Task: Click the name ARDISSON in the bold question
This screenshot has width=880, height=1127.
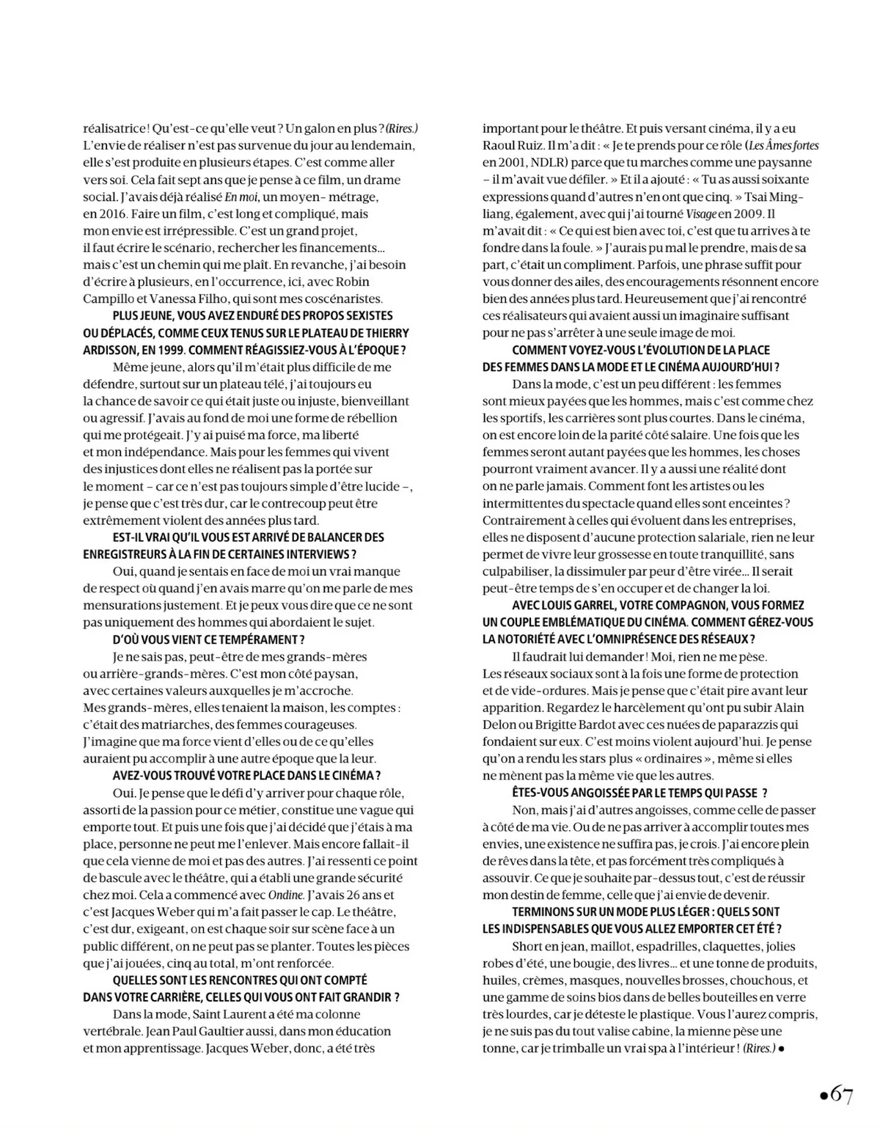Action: pos(110,350)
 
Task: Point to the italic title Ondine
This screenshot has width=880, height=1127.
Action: pos(285,895)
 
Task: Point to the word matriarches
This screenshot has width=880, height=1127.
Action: pos(174,725)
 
